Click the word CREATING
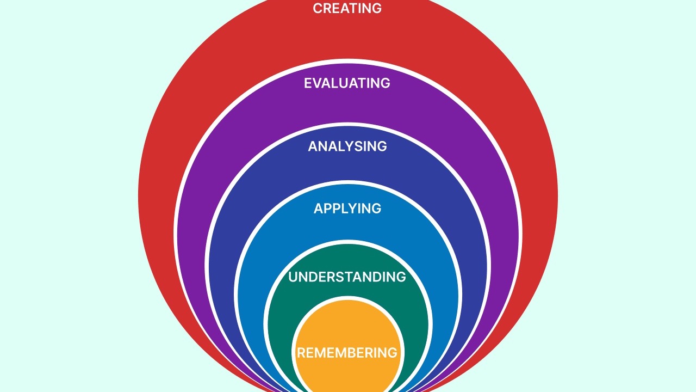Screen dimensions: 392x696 click(347, 9)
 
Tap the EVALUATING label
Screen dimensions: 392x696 click(347, 83)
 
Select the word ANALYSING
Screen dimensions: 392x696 click(347, 146)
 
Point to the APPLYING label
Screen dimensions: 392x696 click(347, 209)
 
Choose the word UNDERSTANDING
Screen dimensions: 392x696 click(347, 277)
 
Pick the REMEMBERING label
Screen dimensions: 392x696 click(347, 353)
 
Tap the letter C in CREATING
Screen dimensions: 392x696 click(318, 9)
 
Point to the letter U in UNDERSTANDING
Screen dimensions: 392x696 click(293, 277)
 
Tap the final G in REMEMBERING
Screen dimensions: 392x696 click(393, 353)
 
